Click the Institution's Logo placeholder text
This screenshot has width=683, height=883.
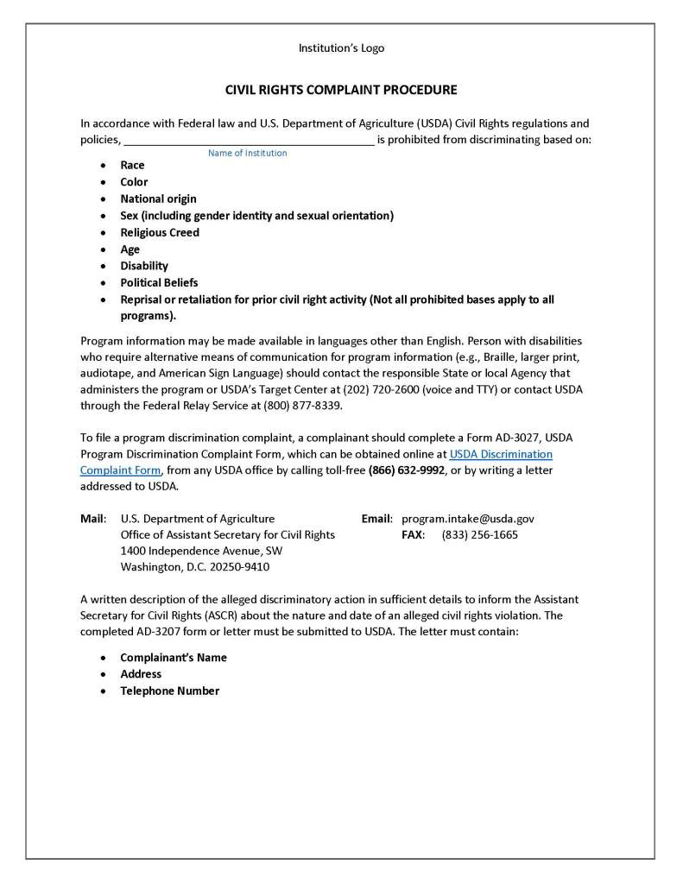[x=341, y=48]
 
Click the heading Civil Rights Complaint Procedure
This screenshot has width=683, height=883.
[x=341, y=90]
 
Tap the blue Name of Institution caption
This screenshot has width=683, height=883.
[x=247, y=154]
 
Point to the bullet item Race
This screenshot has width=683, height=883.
[x=132, y=165]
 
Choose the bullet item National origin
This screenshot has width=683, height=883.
[x=158, y=199]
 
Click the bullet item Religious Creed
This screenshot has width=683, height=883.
[x=160, y=232]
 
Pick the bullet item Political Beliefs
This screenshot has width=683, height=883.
[x=159, y=282]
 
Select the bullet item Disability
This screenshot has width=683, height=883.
[x=144, y=266]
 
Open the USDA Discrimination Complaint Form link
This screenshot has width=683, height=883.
[x=501, y=454]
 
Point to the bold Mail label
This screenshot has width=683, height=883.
[x=92, y=519]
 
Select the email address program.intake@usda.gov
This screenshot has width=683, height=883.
[x=468, y=519]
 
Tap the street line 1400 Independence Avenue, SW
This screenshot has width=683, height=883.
[x=201, y=551]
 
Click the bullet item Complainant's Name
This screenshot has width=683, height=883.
[x=174, y=658]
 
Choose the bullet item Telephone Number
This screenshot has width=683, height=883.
[x=169, y=691]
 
